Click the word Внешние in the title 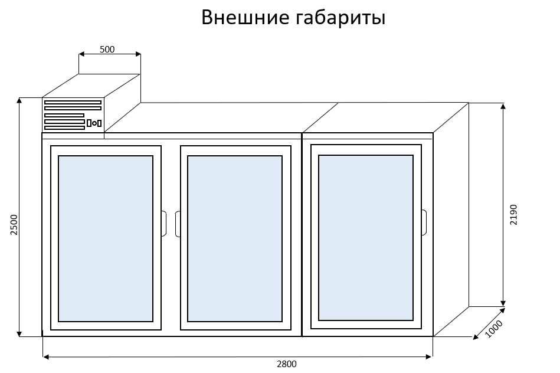click(244, 18)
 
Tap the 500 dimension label click(107, 50)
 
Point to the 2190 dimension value click(513, 215)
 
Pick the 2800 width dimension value click(287, 364)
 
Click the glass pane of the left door click(106, 238)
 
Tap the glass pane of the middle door click(235, 238)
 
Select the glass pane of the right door click(366, 237)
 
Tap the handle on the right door click(424, 221)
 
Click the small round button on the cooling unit click(94, 123)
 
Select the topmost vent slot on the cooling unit click(73, 103)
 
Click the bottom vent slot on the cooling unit click(64, 127)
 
